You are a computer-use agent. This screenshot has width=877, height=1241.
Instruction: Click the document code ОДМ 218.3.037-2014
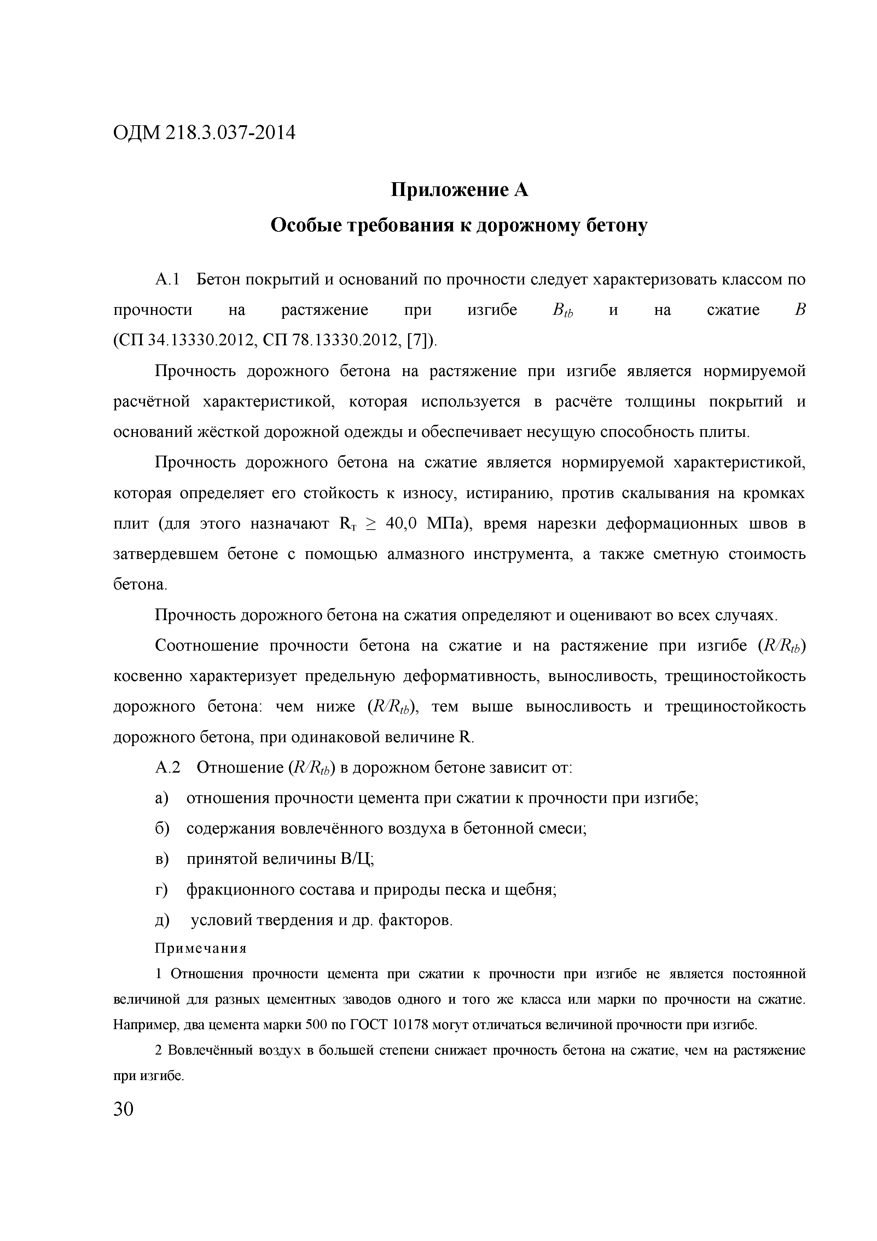(205, 132)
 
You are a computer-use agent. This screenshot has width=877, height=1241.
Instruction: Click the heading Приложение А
(459, 190)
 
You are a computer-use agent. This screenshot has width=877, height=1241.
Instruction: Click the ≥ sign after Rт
(371, 524)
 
